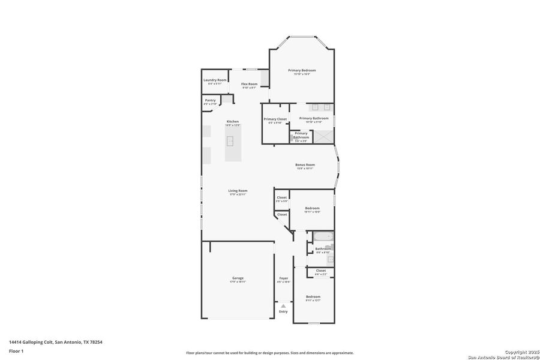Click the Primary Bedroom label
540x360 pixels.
point(302,71)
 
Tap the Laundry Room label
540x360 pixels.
point(215,80)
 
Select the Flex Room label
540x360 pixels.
point(249,84)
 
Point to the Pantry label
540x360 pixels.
point(210,101)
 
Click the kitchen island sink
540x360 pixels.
point(229,142)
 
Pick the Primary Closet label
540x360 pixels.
point(275,119)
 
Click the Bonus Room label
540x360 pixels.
point(305,165)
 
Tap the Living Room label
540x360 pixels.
point(238,191)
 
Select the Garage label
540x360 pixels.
point(238,278)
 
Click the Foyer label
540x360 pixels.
point(283,278)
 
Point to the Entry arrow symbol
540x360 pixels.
point(283,306)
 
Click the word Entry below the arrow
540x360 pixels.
point(283,311)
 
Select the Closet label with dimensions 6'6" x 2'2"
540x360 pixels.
point(321,271)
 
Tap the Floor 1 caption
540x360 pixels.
point(16,350)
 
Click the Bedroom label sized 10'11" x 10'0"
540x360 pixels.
point(312,208)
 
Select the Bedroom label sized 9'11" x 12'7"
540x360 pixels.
point(313,296)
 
